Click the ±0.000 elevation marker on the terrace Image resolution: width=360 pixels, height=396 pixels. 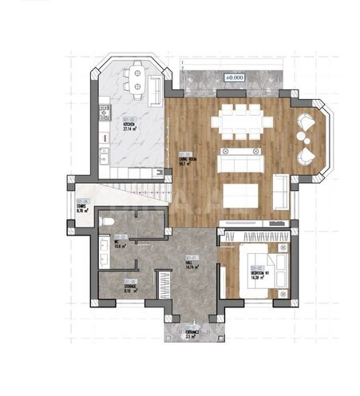point(234,77)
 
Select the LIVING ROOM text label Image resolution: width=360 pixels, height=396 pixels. point(186,156)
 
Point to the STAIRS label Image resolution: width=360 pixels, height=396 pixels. point(81,208)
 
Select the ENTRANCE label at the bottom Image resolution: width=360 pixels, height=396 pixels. point(192,335)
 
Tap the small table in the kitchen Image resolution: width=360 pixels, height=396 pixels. point(137,80)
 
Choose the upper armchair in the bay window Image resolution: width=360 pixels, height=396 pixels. point(305,125)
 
